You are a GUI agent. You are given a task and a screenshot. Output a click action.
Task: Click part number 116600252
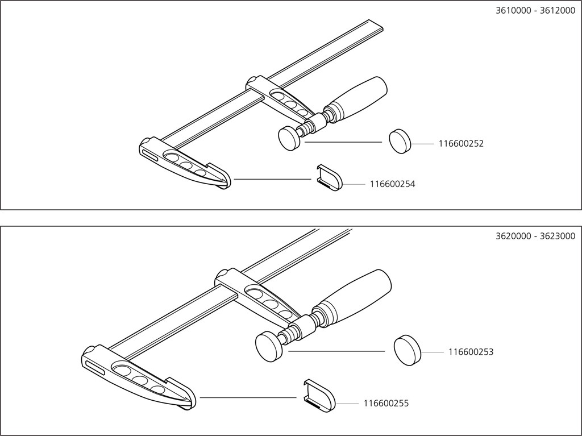[461, 144]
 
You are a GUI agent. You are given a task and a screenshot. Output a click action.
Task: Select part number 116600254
[392, 184]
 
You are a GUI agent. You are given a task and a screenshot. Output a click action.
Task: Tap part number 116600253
[471, 352]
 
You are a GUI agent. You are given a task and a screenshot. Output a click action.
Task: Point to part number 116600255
[386, 404]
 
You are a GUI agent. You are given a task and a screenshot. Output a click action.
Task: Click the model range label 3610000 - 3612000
[535, 10]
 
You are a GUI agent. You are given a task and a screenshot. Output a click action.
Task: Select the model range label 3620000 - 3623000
[535, 236]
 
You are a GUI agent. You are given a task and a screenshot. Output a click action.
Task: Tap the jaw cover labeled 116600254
[329, 177]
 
